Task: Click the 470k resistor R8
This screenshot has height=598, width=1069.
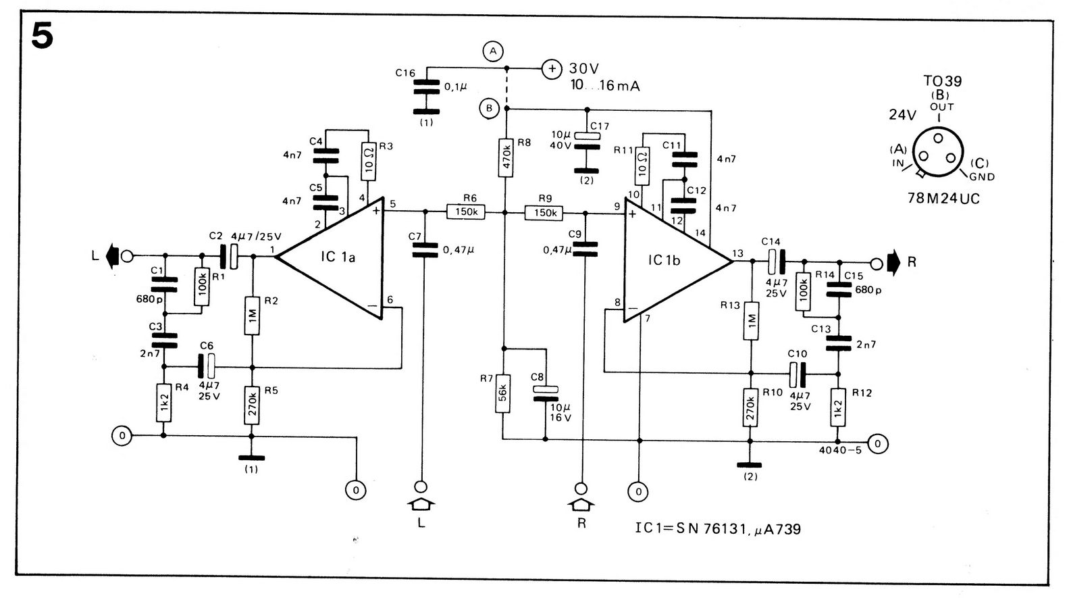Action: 506,158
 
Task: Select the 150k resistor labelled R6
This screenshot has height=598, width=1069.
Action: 466,211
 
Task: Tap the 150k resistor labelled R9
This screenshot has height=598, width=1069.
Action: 544,213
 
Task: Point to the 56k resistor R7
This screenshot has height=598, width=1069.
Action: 502,393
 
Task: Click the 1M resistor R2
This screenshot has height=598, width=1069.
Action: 252,316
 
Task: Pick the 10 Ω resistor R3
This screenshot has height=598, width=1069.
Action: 369,162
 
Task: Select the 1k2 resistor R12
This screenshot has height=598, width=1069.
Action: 837,407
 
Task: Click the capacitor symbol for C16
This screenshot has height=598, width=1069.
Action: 426,89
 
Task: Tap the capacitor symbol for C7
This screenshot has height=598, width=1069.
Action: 425,250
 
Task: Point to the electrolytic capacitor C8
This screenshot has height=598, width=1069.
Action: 545,393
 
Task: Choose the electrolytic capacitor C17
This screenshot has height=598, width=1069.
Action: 587,141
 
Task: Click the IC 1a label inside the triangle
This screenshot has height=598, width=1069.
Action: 338,257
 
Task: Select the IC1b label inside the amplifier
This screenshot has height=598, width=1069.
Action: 664,260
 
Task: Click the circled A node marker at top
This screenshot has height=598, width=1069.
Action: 493,51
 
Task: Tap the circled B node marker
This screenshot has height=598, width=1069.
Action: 489,108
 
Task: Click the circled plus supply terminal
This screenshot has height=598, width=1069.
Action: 552,69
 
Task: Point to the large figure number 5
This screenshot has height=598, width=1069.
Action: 42,36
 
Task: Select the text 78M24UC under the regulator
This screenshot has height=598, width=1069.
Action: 943,198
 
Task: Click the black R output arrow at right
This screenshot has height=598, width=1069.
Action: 893,262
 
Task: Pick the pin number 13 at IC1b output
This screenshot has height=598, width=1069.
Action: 738,253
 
